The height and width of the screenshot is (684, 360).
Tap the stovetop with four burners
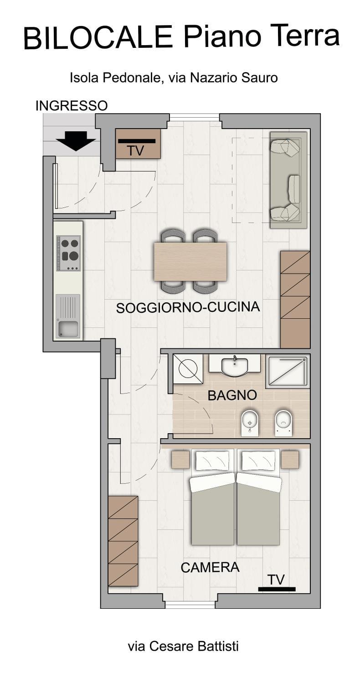68,253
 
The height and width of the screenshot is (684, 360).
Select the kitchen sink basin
67,327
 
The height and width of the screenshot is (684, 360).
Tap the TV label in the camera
276,580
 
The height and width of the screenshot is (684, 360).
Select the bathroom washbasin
234,365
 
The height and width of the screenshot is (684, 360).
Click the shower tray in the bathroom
288,371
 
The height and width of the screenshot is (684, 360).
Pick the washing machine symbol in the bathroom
187,368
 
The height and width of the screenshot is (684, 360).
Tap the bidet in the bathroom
249,422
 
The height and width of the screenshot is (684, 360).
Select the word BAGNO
232,395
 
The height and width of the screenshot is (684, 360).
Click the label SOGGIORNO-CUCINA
188,307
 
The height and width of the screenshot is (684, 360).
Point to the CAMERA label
210,567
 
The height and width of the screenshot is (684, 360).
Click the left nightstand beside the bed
180,459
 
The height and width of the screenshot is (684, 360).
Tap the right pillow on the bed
259,461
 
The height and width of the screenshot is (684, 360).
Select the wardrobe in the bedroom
123,541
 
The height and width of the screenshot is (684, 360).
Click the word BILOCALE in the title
98,38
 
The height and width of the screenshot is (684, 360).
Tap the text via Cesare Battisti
183,646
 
